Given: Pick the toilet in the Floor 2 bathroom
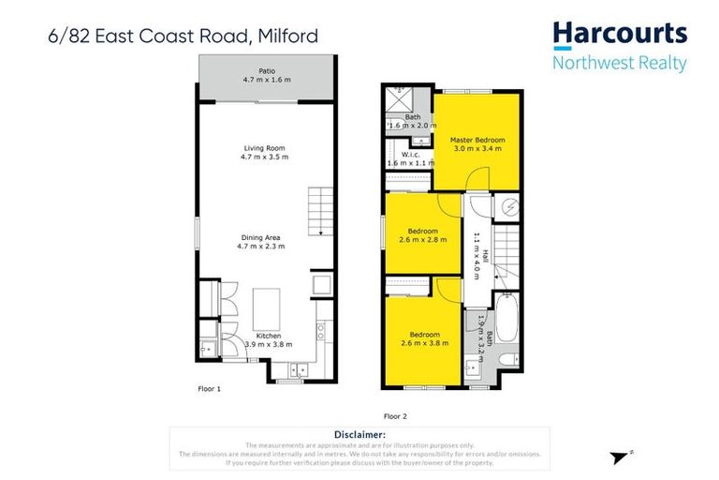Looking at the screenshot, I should coord(505,361).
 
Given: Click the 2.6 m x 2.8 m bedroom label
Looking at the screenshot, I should coord(423,236).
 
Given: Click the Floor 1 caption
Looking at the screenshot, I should coord(210,388).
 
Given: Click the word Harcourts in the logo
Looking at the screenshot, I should coord(619,36).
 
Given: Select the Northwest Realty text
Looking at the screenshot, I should coord(619,64).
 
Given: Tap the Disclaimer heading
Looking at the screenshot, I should coord(359,435).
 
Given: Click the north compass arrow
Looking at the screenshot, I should coord(619,457).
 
